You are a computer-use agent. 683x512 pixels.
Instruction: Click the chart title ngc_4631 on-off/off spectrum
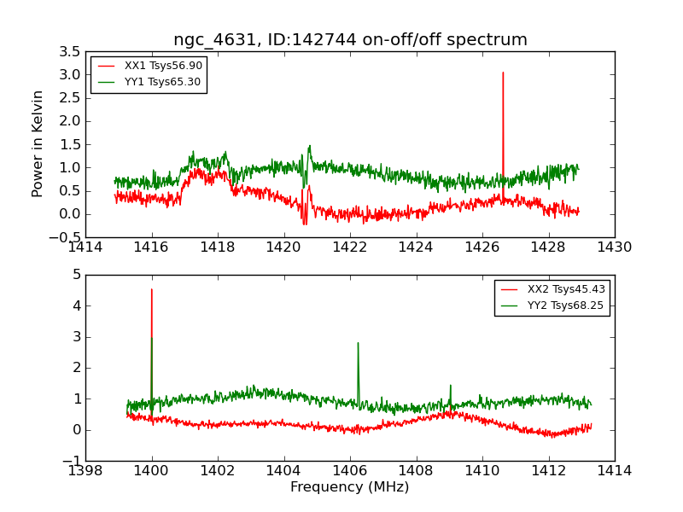(350, 40)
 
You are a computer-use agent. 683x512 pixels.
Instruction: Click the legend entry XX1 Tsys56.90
(163, 66)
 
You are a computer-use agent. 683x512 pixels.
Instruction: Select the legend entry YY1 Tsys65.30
(162, 82)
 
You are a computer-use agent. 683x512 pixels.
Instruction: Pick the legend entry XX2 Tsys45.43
(566, 289)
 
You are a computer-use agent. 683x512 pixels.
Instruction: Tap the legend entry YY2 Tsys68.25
(566, 305)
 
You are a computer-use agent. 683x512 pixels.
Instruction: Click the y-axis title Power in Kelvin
(38, 143)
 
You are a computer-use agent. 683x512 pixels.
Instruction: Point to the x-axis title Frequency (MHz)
(349, 487)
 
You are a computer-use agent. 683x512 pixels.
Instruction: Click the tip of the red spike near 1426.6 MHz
(503, 73)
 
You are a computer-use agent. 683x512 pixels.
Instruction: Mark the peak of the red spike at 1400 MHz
(152, 289)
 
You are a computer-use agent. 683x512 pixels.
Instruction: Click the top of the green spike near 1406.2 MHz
(358, 343)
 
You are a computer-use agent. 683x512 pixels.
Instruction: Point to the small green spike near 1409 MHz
(450, 386)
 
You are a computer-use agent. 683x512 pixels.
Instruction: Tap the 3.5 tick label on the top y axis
(71, 51)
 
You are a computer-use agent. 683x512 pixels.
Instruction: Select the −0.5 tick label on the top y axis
(67, 237)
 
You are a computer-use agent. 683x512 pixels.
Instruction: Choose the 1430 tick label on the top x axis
(615, 247)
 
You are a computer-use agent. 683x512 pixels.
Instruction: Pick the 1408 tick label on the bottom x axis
(416, 470)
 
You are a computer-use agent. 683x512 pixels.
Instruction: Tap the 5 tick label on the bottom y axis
(76, 275)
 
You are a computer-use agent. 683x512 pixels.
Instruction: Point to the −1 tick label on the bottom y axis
(72, 461)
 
